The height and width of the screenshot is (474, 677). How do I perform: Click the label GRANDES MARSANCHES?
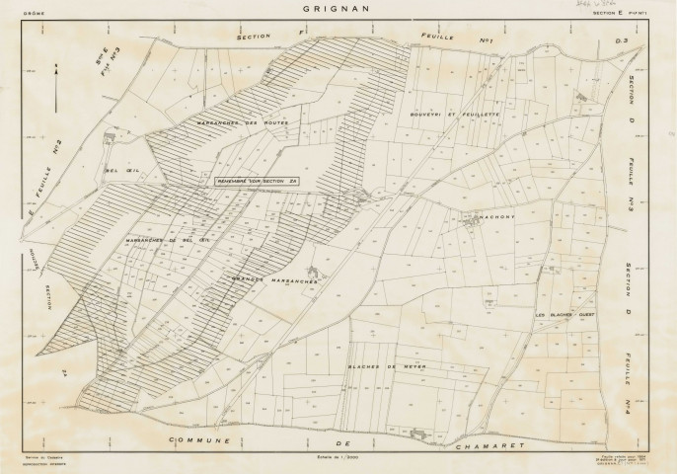coord(273,279)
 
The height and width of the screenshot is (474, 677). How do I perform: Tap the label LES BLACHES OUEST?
coord(566,315)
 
